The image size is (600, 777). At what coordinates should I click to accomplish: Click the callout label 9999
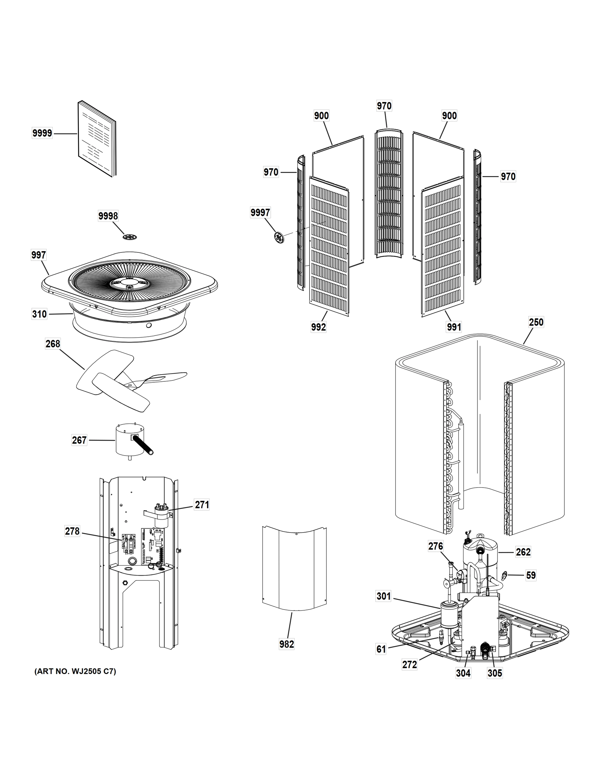point(42,133)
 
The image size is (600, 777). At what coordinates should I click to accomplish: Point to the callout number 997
point(38,255)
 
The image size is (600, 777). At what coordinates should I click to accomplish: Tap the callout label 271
point(202,504)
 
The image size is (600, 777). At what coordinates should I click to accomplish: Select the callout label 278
point(72,531)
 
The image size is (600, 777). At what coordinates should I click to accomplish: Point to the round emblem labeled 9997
point(279,237)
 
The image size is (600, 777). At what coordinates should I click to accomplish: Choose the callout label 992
point(318,327)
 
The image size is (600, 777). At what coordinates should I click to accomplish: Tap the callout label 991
point(454,327)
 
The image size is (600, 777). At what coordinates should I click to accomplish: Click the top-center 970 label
point(384,106)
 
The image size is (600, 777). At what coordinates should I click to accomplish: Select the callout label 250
point(536,322)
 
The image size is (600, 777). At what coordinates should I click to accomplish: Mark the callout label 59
point(531,576)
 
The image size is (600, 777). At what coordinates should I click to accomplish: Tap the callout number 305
point(495,673)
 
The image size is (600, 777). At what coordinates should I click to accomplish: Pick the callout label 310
point(39,314)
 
